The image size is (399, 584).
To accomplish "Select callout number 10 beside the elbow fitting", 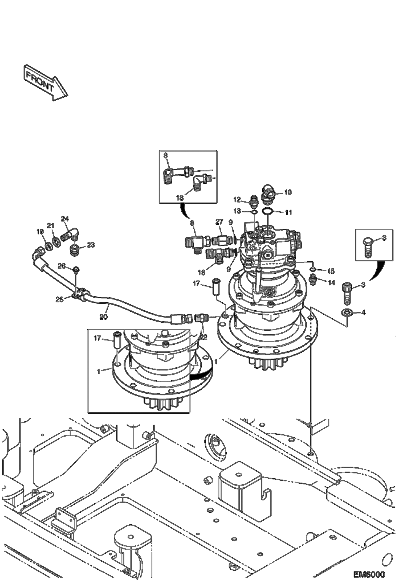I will (288, 192).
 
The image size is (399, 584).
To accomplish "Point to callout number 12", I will (237, 199).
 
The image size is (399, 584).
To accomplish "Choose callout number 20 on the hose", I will (103, 317).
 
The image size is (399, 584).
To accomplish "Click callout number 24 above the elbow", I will (65, 219).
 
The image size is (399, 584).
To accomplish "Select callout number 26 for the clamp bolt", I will (62, 266).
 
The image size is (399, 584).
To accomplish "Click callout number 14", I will (331, 282).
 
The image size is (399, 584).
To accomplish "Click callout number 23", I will (91, 245).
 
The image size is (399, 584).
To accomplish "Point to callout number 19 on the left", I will (40, 232).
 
